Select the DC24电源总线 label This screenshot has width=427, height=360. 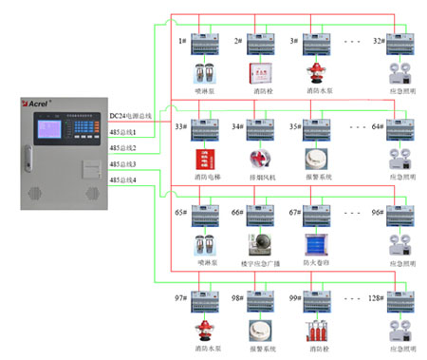pyautogui.click(x=130, y=115)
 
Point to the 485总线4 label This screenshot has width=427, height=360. pyautogui.click(x=122, y=180)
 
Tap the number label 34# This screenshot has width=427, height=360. pyautogui.click(x=237, y=125)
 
